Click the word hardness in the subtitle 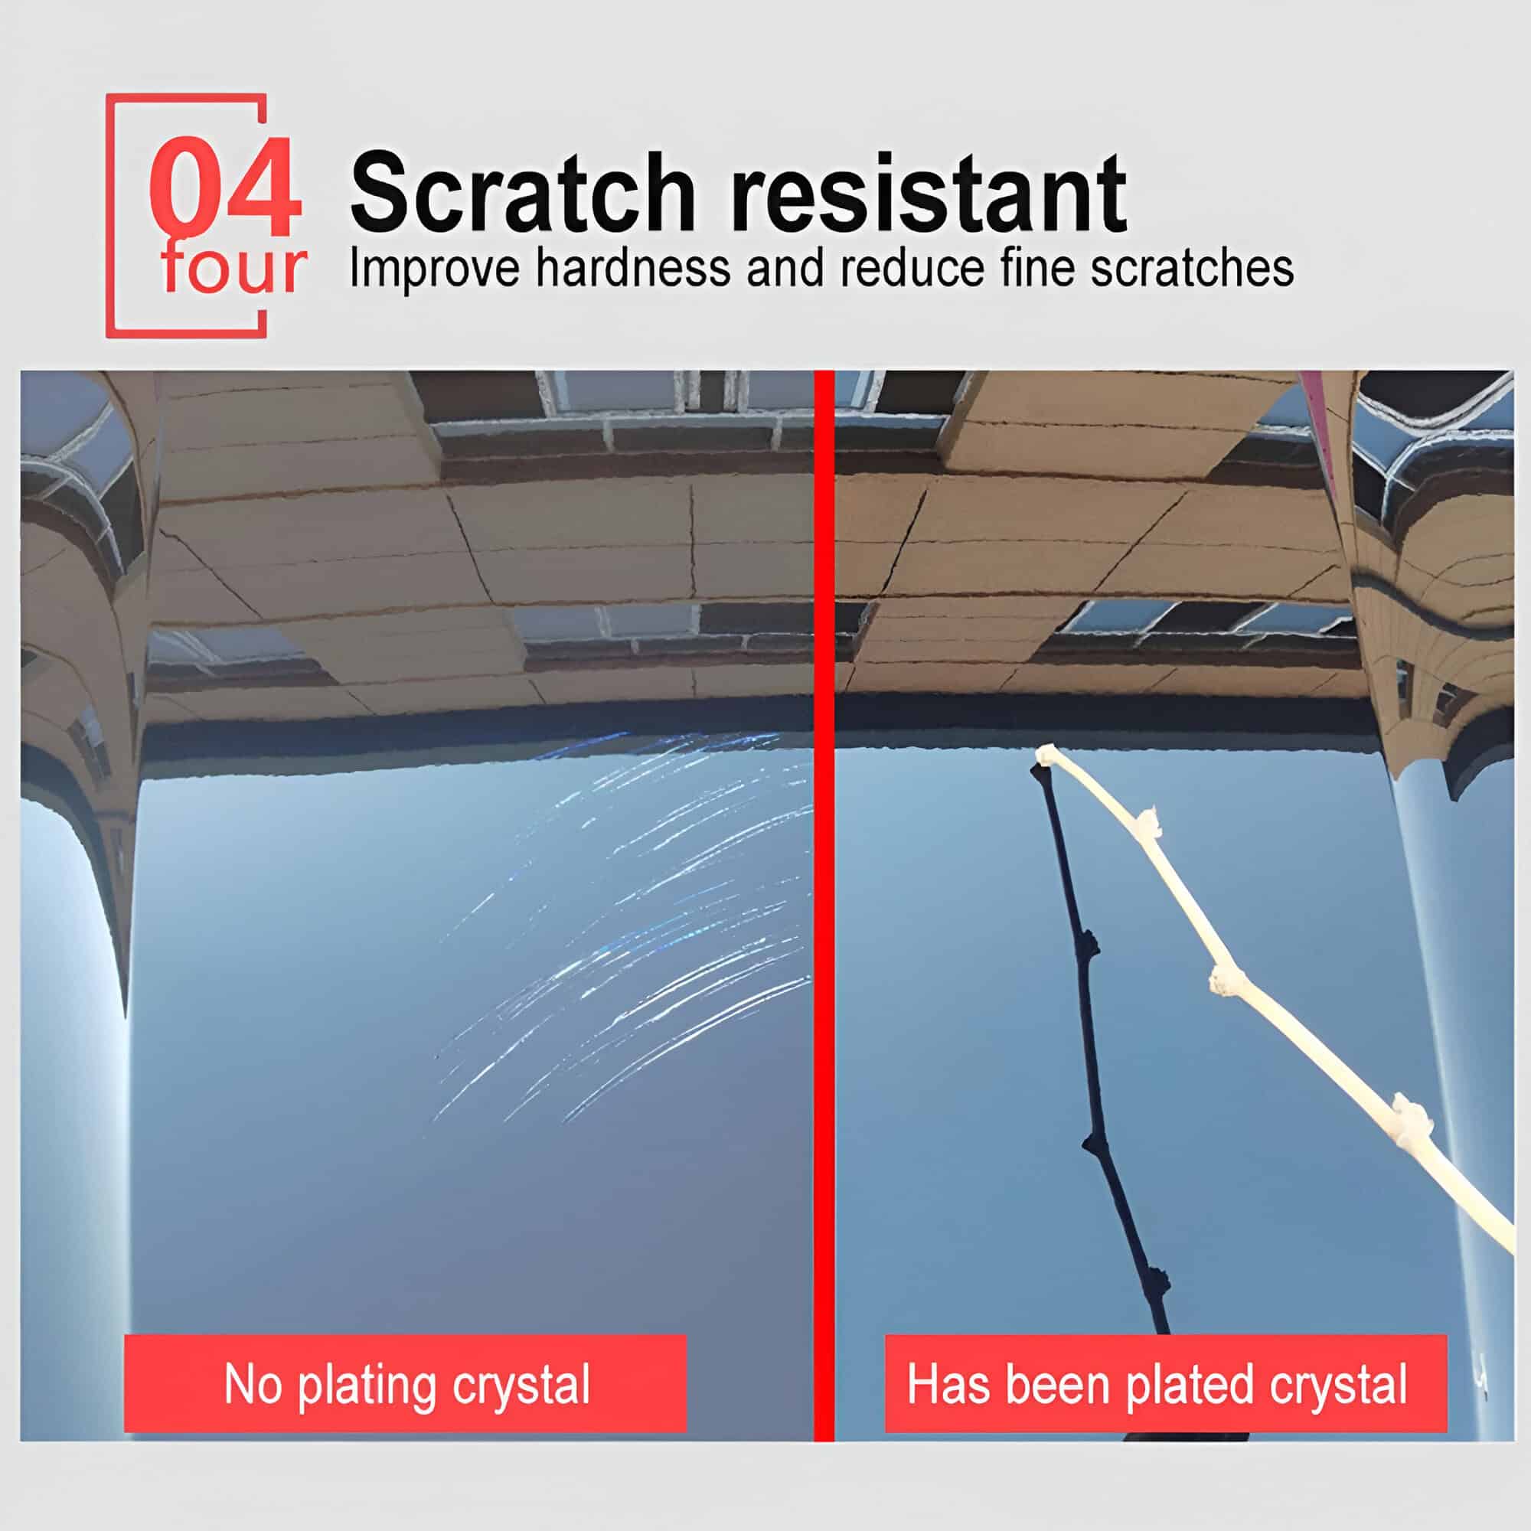coord(633,268)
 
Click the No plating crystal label coord(405,1383)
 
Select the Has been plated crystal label coord(1166,1383)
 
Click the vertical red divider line coord(824,905)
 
